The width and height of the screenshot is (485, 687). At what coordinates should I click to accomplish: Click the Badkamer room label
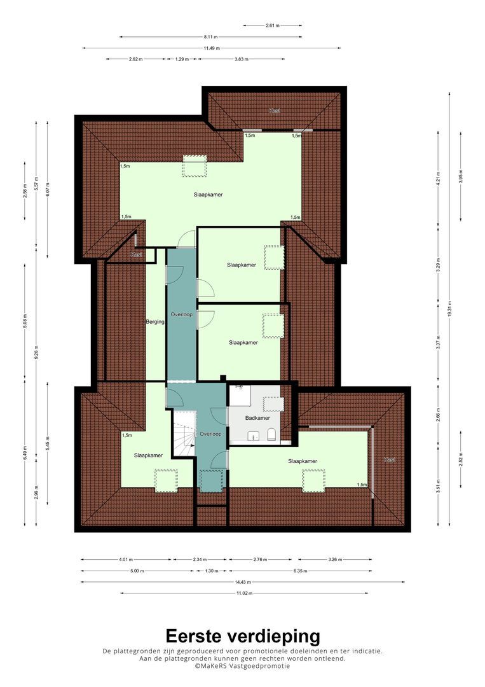[x=258, y=418]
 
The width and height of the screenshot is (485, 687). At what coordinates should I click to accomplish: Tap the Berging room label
[x=155, y=322]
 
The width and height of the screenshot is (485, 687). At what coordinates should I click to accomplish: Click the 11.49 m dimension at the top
[x=211, y=48]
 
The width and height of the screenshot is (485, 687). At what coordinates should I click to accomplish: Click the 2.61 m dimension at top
[x=272, y=26]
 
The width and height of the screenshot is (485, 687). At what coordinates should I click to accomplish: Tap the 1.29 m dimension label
[x=182, y=59]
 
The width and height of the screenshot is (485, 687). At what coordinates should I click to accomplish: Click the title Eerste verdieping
[x=243, y=635]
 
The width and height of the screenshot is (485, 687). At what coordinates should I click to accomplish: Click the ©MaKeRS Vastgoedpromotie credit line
[x=243, y=665]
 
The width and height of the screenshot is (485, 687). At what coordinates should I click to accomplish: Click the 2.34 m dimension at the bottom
[x=200, y=560]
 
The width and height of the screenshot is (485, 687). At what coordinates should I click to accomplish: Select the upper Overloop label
[x=182, y=315]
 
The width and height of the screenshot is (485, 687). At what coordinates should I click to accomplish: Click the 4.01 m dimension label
[x=125, y=560]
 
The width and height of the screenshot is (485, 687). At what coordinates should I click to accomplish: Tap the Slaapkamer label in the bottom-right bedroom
[x=303, y=461]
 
